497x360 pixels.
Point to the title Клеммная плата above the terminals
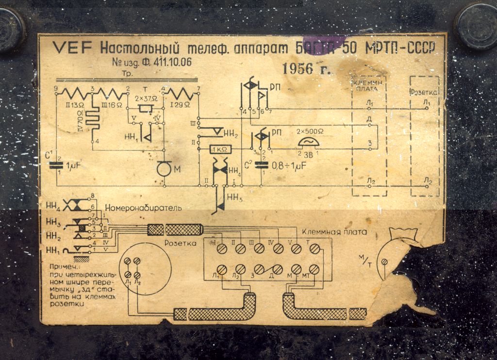[x=334, y=232]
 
